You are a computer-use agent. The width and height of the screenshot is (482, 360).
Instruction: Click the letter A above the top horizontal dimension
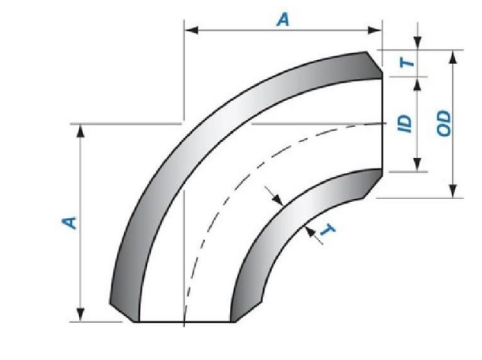(x=283, y=19)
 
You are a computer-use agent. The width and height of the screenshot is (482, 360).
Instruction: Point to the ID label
(x=405, y=123)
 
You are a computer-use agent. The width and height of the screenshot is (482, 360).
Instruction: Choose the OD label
(x=443, y=123)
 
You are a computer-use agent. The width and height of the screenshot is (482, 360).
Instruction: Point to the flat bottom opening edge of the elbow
(x=183, y=322)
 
